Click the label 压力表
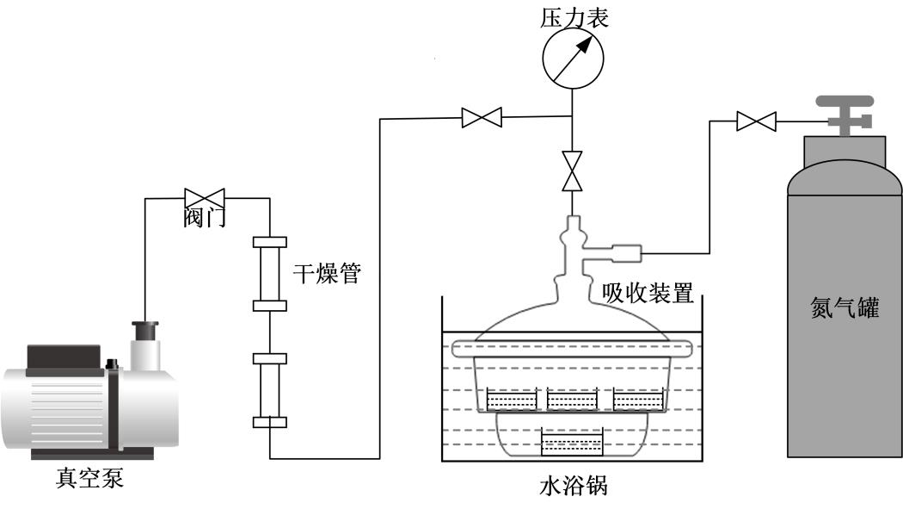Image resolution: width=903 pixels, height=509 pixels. (574, 18)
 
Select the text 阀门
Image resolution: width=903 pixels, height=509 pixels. (206, 219)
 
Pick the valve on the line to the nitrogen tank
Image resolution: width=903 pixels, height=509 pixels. (756, 121)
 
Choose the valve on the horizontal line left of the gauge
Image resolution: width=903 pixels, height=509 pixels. (482, 116)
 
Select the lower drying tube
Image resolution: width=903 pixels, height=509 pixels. (269, 388)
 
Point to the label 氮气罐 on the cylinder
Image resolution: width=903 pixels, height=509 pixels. (845, 308)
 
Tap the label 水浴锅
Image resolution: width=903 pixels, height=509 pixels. (573, 487)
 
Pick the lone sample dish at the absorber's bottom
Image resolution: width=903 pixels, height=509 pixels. (571, 444)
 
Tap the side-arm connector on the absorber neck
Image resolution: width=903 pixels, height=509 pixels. (624, 253)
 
